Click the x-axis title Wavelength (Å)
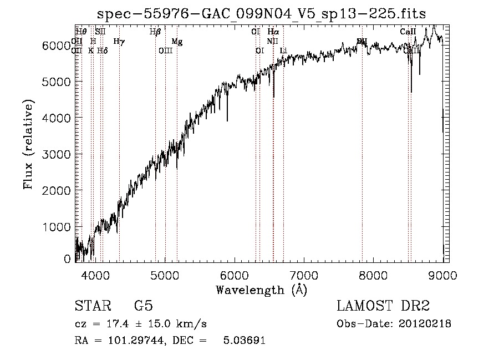pos(261,290)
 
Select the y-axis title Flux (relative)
pos(28,145)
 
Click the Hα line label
pos(273,32)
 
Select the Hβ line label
pos(155,32)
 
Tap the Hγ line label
pos(119,41)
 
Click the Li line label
pos(283,50)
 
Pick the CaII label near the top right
pos(408,32)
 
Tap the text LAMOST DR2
pos(383,306)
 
